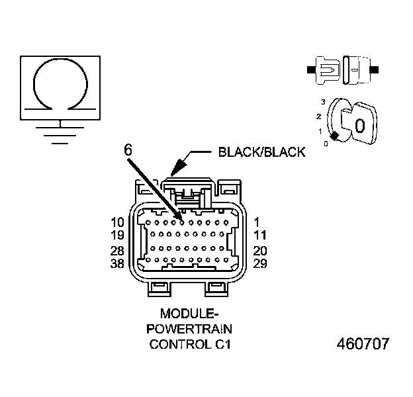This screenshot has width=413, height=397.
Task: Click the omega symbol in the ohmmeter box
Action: click(x=60, y=85)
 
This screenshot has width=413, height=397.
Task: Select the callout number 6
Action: click(x=127, y=150)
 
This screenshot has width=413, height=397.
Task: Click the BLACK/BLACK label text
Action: click(x=261, y=152)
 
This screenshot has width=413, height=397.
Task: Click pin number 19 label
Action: click(x=117, y=234)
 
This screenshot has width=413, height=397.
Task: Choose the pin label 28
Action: click(x=117, y=251)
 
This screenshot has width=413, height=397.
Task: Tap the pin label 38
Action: click(x=117, y=263)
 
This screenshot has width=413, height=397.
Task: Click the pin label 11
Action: click(x=259, y=234)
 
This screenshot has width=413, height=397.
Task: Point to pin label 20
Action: click(x=260, y=251)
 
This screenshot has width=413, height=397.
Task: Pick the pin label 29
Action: click(x=260, y=263)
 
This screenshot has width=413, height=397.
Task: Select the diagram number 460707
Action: click(x=363, y=344)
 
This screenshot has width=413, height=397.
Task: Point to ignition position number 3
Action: click(x=322, y=102)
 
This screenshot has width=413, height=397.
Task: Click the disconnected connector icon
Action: click(x=343, y=68)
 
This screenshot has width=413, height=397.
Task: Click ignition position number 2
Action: click(x=319, y=116)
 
